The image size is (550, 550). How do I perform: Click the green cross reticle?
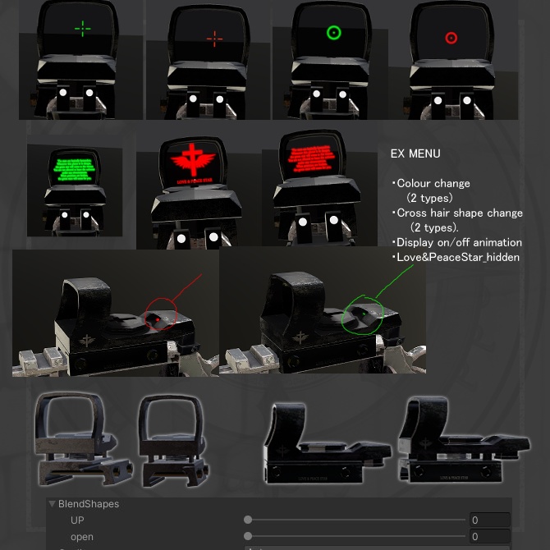tap(83, 30)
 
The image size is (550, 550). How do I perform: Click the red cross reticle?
tap(215, 38)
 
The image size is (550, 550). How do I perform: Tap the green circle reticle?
tap(333, 33)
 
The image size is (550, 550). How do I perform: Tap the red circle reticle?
tap(451, 38)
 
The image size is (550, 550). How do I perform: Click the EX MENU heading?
tap(415, 154)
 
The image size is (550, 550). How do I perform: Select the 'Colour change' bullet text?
tap(432, 183)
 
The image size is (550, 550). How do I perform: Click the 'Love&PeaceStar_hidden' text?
tap(457, 257)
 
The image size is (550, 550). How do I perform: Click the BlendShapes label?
tap(89, 504)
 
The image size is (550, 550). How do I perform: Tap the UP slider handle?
tap(248, 520)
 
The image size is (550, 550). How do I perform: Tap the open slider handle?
tap(248, 536)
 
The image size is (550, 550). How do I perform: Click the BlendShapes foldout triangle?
tap(53, 504)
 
